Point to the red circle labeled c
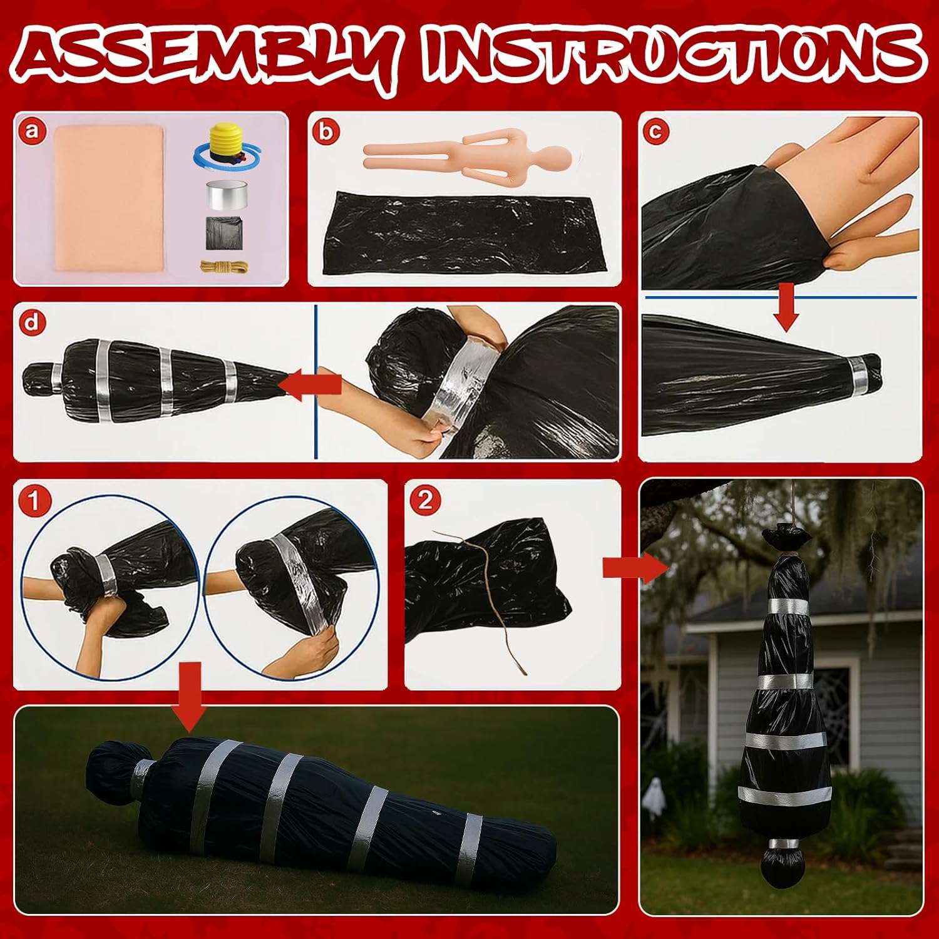(657, 131)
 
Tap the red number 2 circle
(425, 501)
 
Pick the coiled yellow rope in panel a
(223, 266)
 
